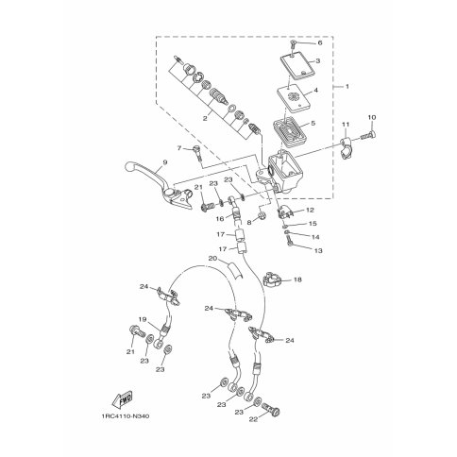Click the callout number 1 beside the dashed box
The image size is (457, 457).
pos(347,86)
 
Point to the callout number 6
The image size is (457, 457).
pos(320,42)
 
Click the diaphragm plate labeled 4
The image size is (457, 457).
pos(294,99)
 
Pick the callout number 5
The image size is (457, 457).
pos(313,123)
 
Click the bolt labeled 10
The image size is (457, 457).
pos(367,136)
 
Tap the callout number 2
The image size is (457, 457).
pos(205,119)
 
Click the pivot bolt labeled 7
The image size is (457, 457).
pos(195,153)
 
